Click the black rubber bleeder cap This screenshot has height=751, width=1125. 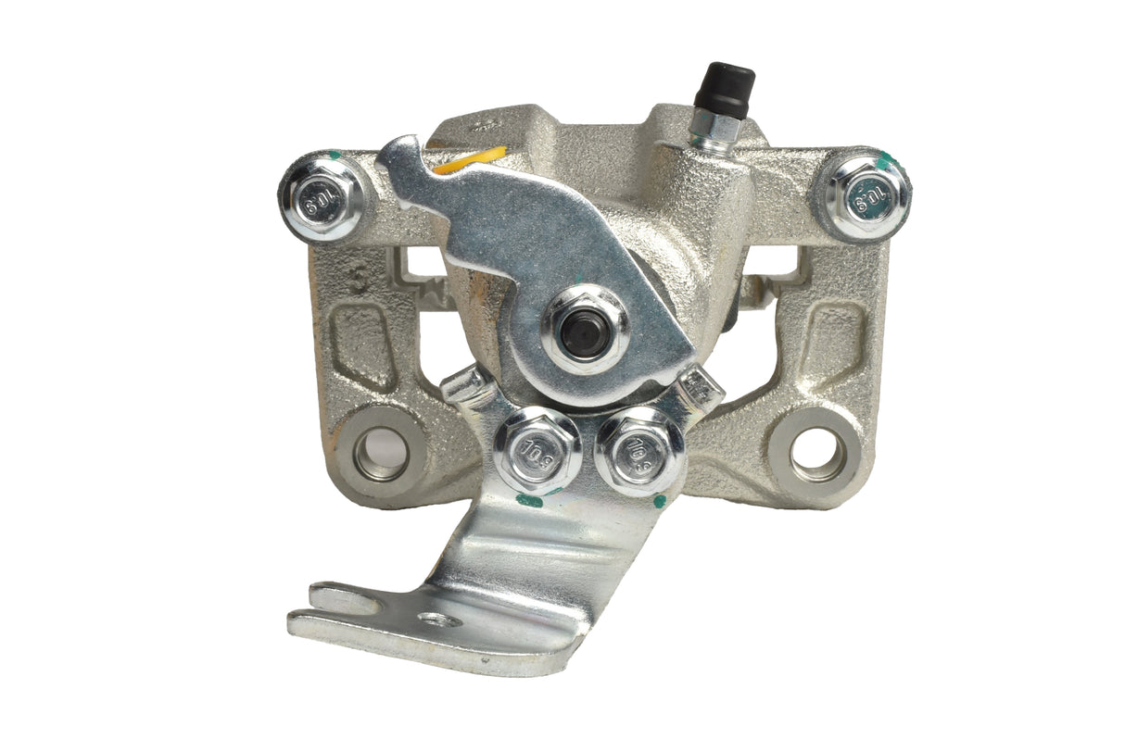pos(728,89)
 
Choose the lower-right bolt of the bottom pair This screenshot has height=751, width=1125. pos(640,448)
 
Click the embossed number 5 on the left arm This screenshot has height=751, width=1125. pos(359,279)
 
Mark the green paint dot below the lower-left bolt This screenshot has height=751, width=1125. pos(530,501)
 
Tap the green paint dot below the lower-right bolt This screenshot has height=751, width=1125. pos(659,501)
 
